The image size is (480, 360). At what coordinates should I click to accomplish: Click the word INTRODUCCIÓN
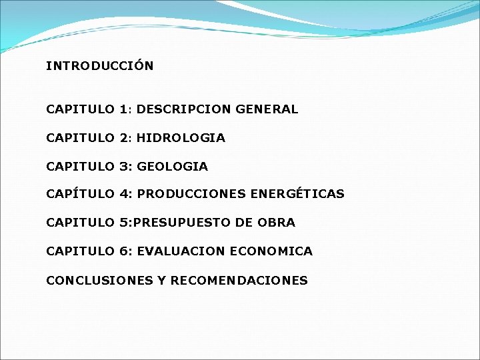(x=100, y=66)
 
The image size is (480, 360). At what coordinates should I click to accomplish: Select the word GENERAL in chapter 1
(x=267, y=109)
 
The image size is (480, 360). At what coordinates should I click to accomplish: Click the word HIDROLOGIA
(x=181, y=138)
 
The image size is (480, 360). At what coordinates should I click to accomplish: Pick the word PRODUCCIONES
(x=191, y=194)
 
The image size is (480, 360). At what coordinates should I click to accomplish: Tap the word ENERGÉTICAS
(x=297, y=194)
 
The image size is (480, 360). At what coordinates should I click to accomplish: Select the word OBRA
(x=276, y=223)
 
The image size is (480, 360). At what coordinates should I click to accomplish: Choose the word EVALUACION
(x=181, y=251)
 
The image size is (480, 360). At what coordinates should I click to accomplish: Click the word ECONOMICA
(x=271, y=251)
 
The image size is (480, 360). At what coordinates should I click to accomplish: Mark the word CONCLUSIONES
(x=99, y=281)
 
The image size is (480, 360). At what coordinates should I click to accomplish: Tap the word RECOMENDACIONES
(x=239, y=281)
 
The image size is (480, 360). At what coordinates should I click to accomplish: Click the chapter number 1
(x=124, y=109)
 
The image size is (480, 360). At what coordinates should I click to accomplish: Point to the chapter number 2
(x=125, y=138)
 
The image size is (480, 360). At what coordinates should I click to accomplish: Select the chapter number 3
(x=125, y=166)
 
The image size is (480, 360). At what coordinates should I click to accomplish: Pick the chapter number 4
(x=125, y=194)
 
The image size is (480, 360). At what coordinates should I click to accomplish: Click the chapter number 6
(x=125, y=251)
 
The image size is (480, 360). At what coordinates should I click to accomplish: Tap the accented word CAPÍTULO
(x=80, y=194)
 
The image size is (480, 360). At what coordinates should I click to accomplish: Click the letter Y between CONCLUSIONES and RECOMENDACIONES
(x=161, y=281)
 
